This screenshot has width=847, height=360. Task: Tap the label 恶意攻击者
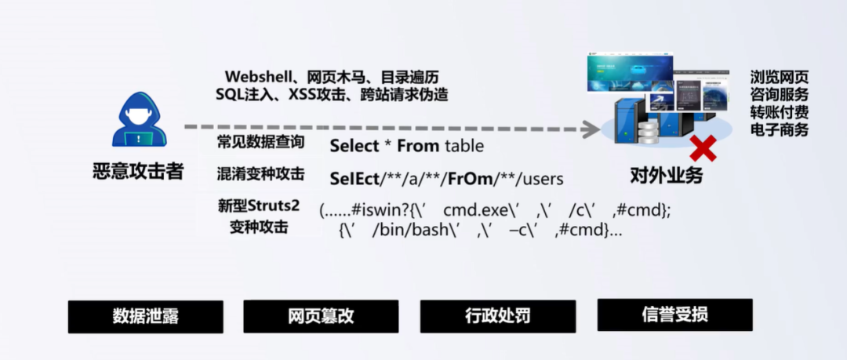pyautogui.click(x=138, y=171)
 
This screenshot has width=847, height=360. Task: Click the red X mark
pyautogui.click(x=702, y=147)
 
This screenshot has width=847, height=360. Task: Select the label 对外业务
pyautogui.click(x=667, y=175)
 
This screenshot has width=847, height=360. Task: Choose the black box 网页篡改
pyautogui.click(x=321, y=317)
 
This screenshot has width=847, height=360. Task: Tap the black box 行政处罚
pyautogui.click(x=497, y=317)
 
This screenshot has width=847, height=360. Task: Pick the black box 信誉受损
pyautogui.click(x=674, y=315)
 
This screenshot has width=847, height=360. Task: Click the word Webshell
pyautogui.click(x=256, y=77)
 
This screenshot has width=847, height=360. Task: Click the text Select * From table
pyautogui.click(x=406, y=146)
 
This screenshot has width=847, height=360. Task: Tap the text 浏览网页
pyautogui.click(x=779, y=78)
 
